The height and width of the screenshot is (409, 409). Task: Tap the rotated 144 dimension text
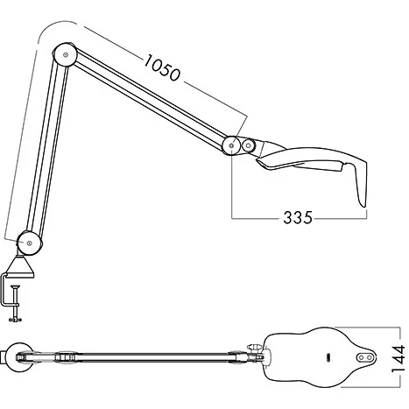click(398, 358)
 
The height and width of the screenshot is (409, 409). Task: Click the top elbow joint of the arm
click(64, 54)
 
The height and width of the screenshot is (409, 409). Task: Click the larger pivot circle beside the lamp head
click(232, 145)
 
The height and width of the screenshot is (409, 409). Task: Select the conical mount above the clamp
click(24, 260)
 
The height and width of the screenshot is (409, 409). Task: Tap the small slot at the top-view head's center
click(328, 357)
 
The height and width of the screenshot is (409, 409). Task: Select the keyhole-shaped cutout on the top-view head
click(366, 357)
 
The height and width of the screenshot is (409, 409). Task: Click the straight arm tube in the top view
click(149, 357)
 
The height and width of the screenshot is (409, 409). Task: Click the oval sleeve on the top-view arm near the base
click(66, 357)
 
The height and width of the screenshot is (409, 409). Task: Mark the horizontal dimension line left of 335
click(258, 215)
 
